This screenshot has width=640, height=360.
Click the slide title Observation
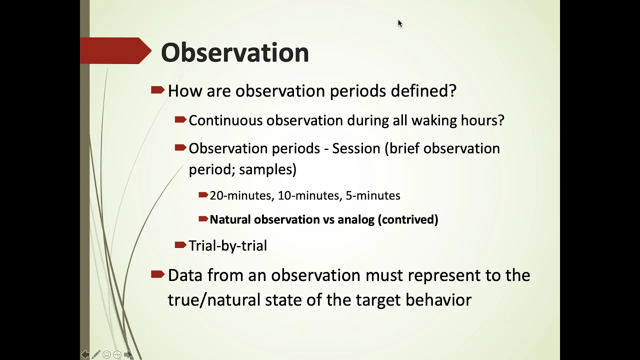coord(235,52)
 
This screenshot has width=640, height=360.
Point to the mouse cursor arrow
coord(400,23)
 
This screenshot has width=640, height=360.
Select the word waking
coord(433,121)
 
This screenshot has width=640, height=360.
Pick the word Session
coord(356,148)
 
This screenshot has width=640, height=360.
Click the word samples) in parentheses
coord(267,169)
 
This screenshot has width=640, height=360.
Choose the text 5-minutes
coord(373,195)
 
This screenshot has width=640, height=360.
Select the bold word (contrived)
coord(408,219)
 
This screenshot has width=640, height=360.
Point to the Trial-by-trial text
coord(227,245)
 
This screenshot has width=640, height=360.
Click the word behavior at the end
coord(438,300)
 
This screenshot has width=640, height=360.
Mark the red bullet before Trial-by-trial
coord(180,245)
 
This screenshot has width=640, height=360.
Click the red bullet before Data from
coord(157,274)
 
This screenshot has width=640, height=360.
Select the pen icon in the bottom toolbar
coord(95,354)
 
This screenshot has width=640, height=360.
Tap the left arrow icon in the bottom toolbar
coord(85,354)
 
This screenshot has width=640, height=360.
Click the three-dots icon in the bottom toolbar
coord(117,354)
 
